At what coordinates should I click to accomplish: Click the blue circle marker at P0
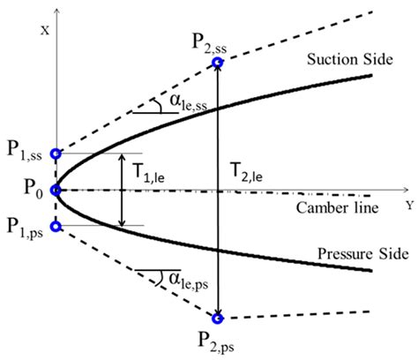tap(56, 190)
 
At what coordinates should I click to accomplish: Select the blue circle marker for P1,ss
tap(56, 154)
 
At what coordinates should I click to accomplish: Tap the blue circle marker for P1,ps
tap(56, 227)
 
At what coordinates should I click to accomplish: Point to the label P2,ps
tap(210, 340)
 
